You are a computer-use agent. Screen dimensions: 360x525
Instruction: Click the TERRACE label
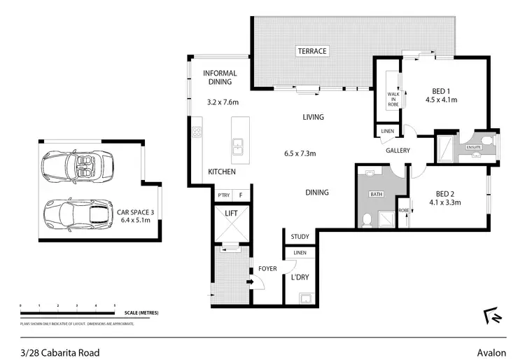point(312,51)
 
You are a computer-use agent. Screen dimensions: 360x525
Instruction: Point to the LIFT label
point(232,214)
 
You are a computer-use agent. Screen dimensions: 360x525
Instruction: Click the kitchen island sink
point(238,146)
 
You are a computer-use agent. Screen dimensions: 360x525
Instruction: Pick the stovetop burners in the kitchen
point(197,131)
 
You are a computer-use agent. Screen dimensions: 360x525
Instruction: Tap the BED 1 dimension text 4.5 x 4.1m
point(441,99)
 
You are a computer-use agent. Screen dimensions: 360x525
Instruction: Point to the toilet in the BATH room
point(367,221)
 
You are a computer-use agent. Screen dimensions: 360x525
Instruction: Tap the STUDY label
point(300,237)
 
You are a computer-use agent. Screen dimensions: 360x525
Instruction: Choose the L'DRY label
point(300,277)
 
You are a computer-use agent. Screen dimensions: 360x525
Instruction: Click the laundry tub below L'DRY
point(305,297)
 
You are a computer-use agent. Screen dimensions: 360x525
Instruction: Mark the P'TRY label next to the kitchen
point(223,195)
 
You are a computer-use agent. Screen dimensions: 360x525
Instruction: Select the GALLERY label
point(397,151)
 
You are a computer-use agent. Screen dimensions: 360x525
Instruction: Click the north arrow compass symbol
point(491,316)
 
